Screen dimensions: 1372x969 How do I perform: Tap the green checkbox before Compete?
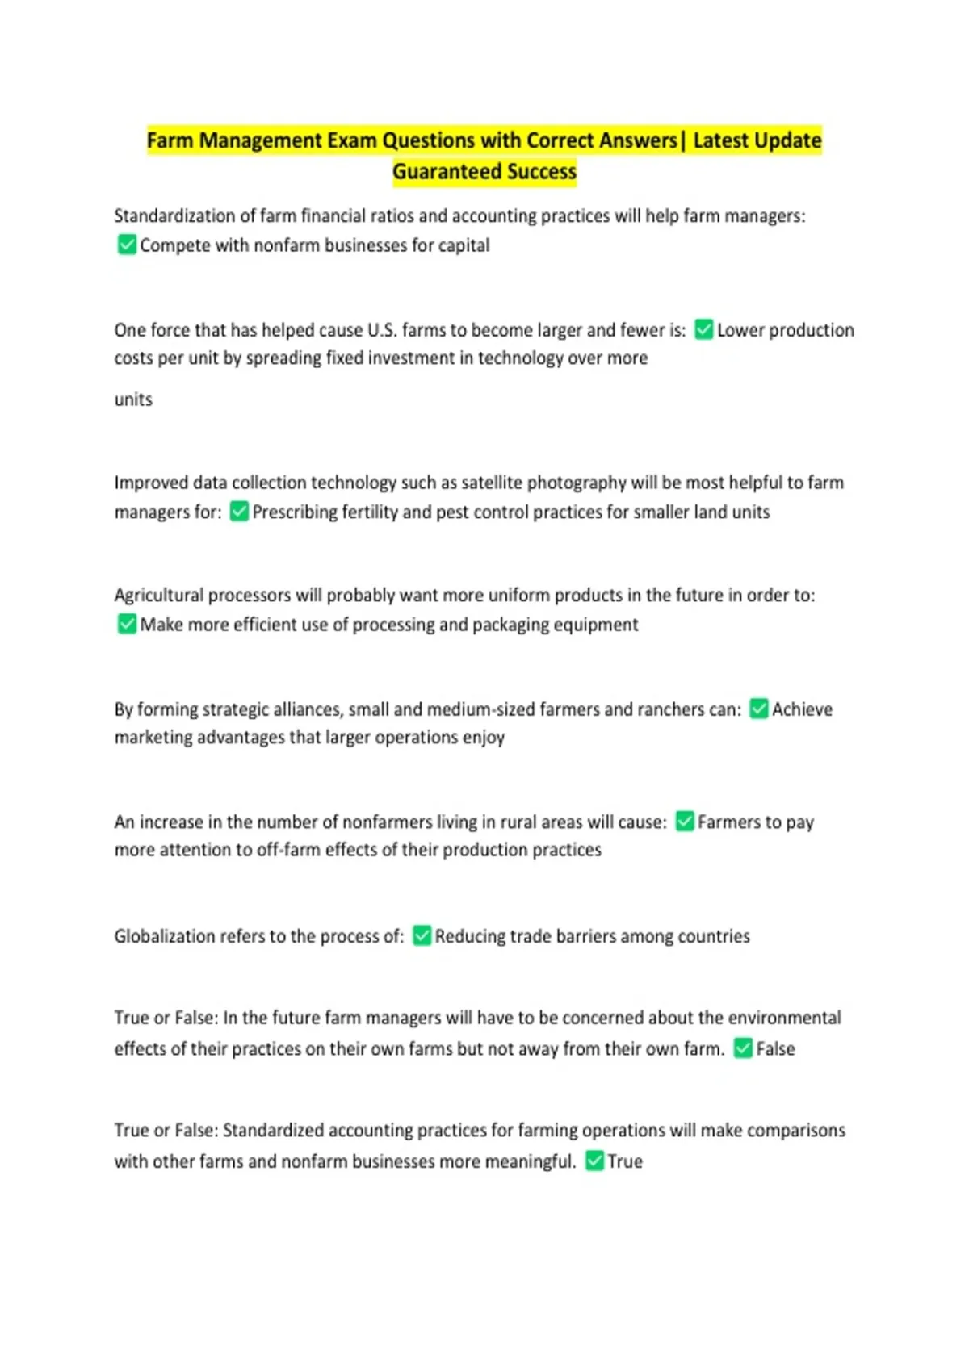coord(127,245)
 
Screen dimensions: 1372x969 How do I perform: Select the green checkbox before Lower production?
coord(704,329)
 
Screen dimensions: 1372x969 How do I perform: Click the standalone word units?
coord(133,399)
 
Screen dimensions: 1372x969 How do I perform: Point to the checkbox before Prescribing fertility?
coord(239,511)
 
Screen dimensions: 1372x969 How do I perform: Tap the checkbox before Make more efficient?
coord(127,624)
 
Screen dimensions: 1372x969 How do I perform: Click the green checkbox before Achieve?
coord(759,709)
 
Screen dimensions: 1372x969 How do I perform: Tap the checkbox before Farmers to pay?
coord(685,822)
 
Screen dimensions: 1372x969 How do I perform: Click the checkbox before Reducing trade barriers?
coord(422,935)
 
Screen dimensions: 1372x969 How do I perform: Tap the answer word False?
coord(775,1049)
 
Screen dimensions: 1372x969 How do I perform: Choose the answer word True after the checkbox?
coord(625,1161)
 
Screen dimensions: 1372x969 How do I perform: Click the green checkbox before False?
coord(743,1048)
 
